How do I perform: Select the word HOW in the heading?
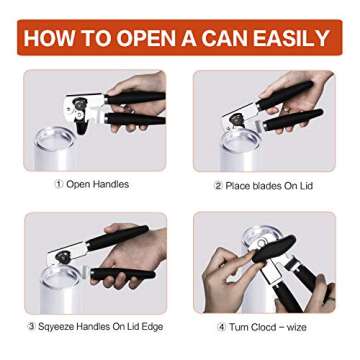click(x=47, y=39)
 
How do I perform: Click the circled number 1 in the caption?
click(x=59, y=185)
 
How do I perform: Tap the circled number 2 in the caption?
click(x=218, y=186)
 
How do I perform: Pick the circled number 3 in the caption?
click(x=31, y=327)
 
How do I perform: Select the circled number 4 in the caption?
click(x=221, y=327)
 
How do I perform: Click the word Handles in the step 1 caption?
click(x=111, y=185)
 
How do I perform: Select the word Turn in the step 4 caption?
click(x=240, y=327)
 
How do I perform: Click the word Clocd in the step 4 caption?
click(x=271, y=327)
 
